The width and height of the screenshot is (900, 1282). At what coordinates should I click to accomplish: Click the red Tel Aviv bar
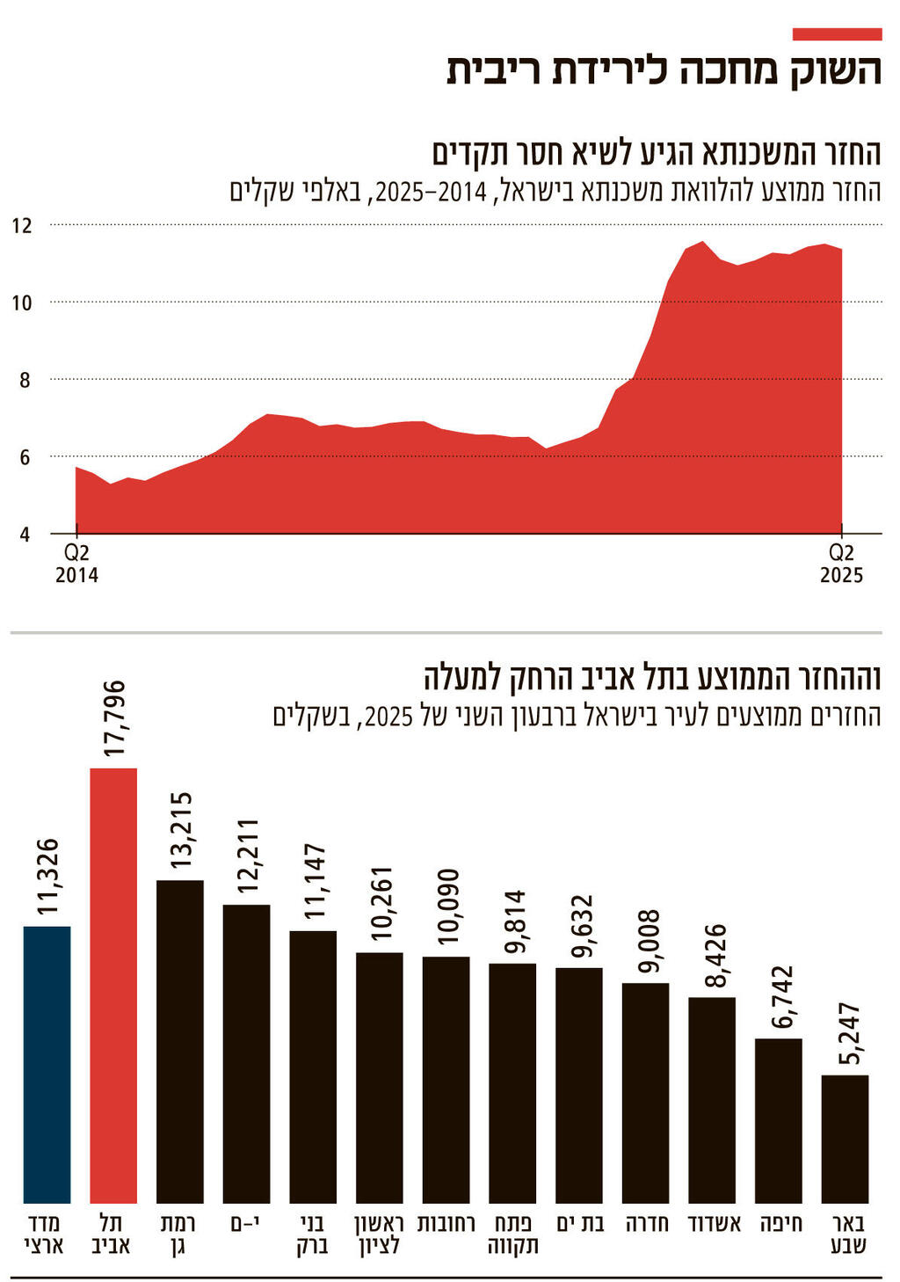pyautogui.click(x=113, y=985)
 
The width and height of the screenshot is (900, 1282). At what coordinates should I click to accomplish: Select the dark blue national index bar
pyautogui.click(x=47, y=1064)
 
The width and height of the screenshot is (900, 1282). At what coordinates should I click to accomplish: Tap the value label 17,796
pyautogui.click(x=114, y=718)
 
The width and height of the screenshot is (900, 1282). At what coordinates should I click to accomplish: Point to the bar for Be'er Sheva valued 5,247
pyautogui.click(x=845, y=1139)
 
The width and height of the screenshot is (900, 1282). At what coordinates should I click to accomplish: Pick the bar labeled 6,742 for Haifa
pyautogui.click(x=779, y=1120)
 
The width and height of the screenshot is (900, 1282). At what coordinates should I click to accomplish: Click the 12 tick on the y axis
pyautogui.click(x=22, y=226)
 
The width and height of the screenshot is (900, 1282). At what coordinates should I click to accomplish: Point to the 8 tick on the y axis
pyautogui.click(x=22, y=381)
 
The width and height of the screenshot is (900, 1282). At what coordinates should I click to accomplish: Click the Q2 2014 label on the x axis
pyautogui.click(x=76, y=564)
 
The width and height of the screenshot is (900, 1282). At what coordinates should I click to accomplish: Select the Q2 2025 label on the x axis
pyautogui.click(x=842, y=564)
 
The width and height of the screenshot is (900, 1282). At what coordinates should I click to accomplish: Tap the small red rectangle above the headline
pyautogui.click(x=837, y=34)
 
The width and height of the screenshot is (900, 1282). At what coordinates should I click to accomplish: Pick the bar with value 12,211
pyautogui.click(x=247, y=1053)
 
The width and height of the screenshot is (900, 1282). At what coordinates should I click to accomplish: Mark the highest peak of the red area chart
pyautogui.click(x=702, y=242)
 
